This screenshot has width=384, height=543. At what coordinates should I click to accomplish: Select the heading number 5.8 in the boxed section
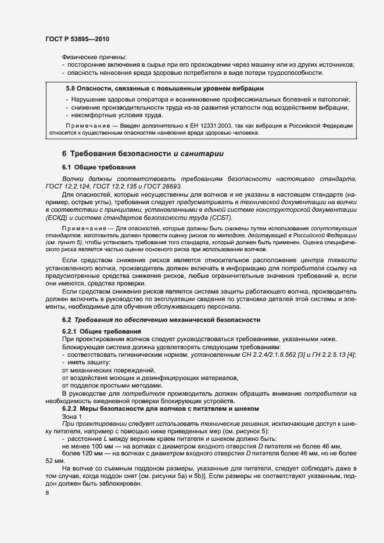click(72, 89)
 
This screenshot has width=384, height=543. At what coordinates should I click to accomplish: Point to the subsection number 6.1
click(67, 167)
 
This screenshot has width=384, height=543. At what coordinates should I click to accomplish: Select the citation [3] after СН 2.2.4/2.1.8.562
click(273, 354)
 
